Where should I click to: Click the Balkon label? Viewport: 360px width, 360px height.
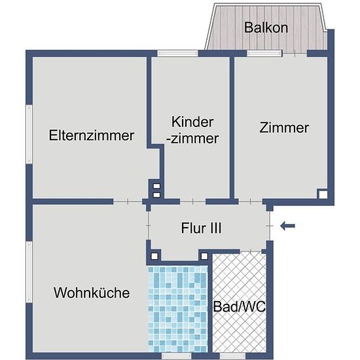click(x=266, y=27)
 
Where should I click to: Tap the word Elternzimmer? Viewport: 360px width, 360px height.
click(x=92, y=135)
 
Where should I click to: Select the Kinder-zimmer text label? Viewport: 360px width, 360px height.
click(x=192, y=130)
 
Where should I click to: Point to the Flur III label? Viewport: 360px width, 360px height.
click(x=202, y=228)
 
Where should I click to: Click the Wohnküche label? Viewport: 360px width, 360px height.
click(x=92, y=293)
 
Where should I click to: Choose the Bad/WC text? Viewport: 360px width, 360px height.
click(x=239, y=306)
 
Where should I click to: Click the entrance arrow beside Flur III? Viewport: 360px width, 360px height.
click(x=287, y=226)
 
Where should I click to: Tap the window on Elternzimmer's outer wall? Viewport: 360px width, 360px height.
click(x=29, y=134)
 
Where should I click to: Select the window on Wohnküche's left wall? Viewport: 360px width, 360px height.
click(x=29, y=272)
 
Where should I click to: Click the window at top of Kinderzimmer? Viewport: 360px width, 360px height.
click(x=177, y=53)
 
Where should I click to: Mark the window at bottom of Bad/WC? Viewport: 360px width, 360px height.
click(x=232, y=356)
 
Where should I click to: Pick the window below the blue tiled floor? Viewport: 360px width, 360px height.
click(x=176, y=356)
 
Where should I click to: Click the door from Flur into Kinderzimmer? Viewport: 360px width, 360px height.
click(x=192, y=202)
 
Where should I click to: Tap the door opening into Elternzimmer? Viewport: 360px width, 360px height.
click(x=128, y=202)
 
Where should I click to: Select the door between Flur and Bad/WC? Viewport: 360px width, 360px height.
click(x=251, y=251)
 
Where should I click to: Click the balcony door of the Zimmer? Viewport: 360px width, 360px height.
click(x=295, y=54)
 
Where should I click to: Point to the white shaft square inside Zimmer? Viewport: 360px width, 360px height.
click(x=323, y=194)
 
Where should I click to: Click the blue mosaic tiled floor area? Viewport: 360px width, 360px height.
click(x=177, y=309)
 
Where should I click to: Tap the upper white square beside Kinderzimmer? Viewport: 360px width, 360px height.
click(x=156, y=186)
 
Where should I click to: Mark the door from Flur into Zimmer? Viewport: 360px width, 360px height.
click(x=250, y=202)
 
